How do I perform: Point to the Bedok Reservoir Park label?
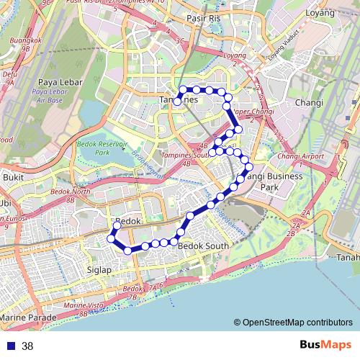point(102,148)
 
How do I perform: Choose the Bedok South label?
point(202,246)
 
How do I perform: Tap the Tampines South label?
point(184,155)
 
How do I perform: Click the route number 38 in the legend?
point(27,346)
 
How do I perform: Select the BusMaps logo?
point(327,345)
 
